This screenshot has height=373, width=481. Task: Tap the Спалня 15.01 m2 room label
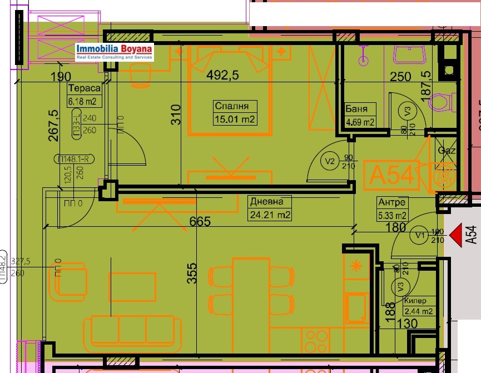point(236,112)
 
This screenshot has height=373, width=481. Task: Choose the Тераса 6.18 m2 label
point(84,95)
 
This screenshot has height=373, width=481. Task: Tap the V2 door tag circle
point(330,162)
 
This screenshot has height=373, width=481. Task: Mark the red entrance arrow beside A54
point(455,235)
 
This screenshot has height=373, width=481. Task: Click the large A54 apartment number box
point(391,175)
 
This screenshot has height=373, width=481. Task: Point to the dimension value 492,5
point(222,75)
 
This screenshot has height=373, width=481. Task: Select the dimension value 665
point(200,222)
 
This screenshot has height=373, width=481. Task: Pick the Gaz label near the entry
point(447,151)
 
